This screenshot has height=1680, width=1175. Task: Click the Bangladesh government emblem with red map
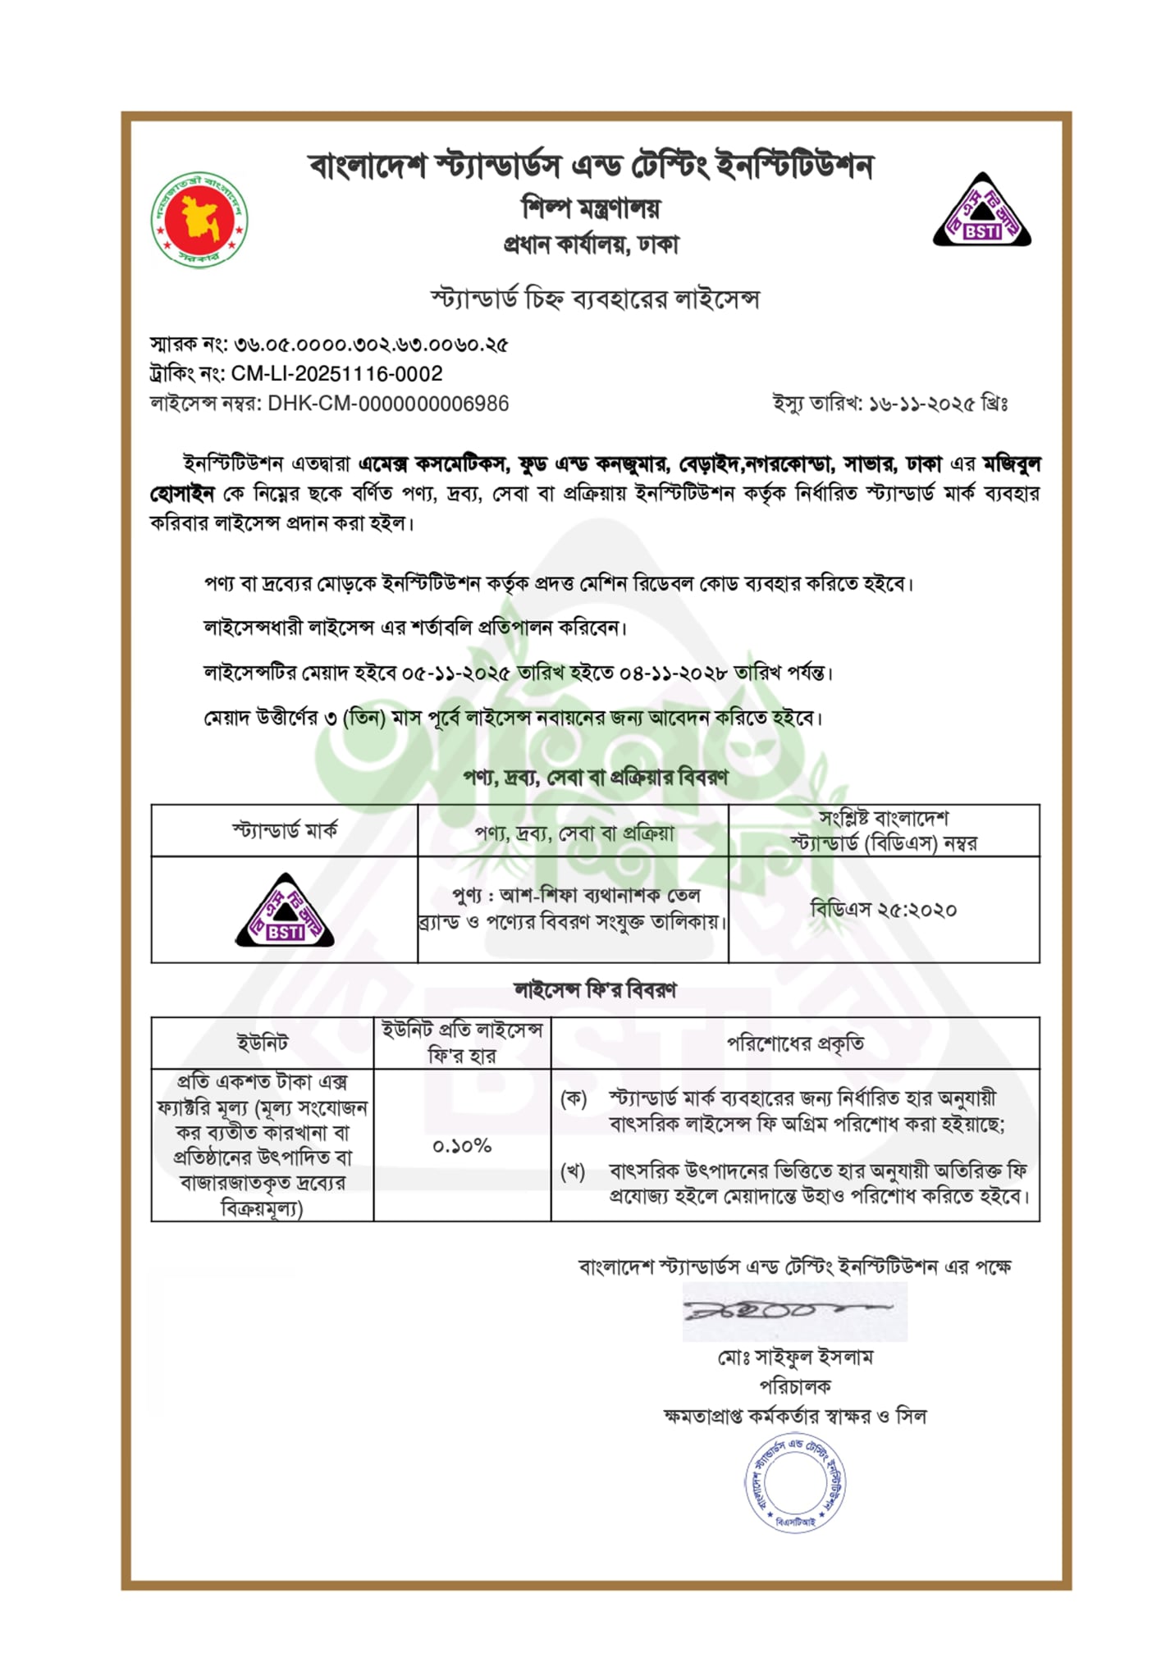[199, 220]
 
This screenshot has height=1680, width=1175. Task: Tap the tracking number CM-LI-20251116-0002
[336, 374]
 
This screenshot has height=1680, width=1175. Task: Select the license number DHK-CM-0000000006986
[388, 404]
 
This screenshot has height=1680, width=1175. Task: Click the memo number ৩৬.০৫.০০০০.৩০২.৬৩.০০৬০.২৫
[371, 345]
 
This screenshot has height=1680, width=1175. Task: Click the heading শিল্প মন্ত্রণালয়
[591, 208]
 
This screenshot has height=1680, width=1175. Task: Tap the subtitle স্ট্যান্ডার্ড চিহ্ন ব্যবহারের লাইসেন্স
[595, 299]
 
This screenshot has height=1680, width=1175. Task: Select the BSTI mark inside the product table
[285, 911]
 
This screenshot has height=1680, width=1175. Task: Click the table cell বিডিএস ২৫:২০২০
[884, 910]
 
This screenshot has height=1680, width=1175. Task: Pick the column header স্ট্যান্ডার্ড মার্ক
[285, 831]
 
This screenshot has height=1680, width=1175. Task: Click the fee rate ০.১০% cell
[462, 1146]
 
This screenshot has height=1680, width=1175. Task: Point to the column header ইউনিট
[263, 1043]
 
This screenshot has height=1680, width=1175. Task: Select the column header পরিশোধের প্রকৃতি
[795, 1043]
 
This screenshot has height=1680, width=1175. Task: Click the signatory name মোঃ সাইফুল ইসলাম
[795, 1358]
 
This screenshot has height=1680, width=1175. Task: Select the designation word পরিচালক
[795, 1386]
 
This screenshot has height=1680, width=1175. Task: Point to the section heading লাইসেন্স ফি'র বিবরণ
[595, 990]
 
